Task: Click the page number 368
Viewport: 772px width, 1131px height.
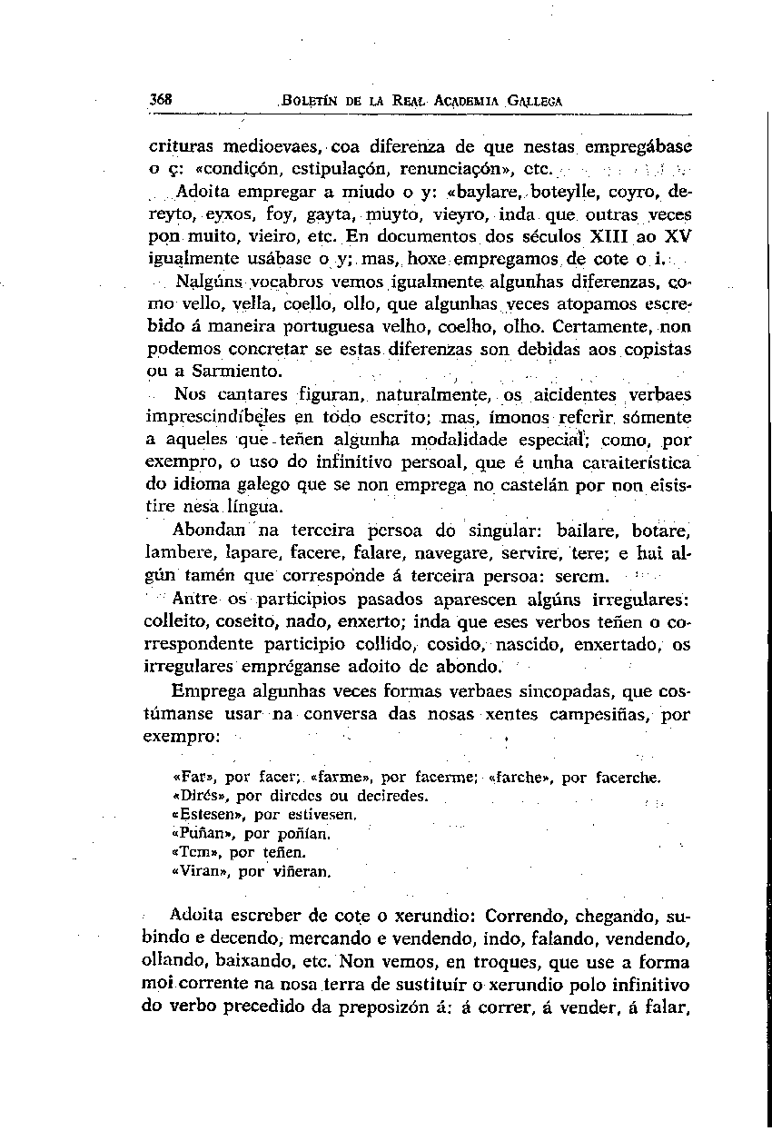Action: [x=163, y=99]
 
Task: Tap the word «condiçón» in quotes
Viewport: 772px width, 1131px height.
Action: [x=202, y=169]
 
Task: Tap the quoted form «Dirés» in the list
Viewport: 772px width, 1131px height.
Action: [x=196, y=796]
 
